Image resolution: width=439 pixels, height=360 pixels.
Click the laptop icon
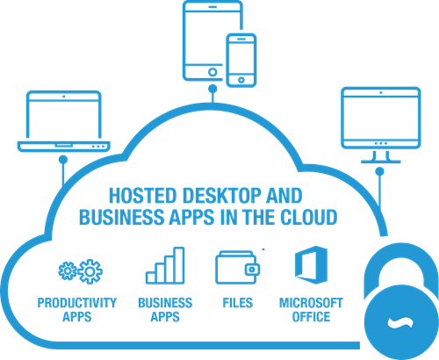click(x=64, y=146)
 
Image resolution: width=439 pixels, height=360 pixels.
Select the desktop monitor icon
click(x=381, y=147)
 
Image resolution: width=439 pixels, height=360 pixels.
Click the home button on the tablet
click(x=212, y=72)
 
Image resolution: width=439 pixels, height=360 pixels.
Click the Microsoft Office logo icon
click(x=311, y=265)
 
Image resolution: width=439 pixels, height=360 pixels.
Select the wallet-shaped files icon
click(x=237, y=268)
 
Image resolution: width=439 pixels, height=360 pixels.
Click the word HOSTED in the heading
click(x=143, y=196)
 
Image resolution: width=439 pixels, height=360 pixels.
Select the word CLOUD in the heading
click(x=309, y=217)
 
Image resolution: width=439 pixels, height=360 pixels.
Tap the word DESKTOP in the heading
click(x=222, y=196)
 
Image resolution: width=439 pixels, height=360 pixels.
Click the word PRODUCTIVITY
click(x=77, y=303)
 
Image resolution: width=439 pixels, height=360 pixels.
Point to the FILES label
click(x=238, y=303)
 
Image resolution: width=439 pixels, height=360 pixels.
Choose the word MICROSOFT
click(x=311, y=303)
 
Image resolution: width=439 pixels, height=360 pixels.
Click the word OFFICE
click(x=311, y=317)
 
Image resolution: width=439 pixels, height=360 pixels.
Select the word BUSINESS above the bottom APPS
click(x=165, y=303)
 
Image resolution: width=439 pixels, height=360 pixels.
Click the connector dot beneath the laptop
click(x=63, y=160)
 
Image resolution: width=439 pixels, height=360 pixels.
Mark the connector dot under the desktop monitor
click(x=379, y=171)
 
